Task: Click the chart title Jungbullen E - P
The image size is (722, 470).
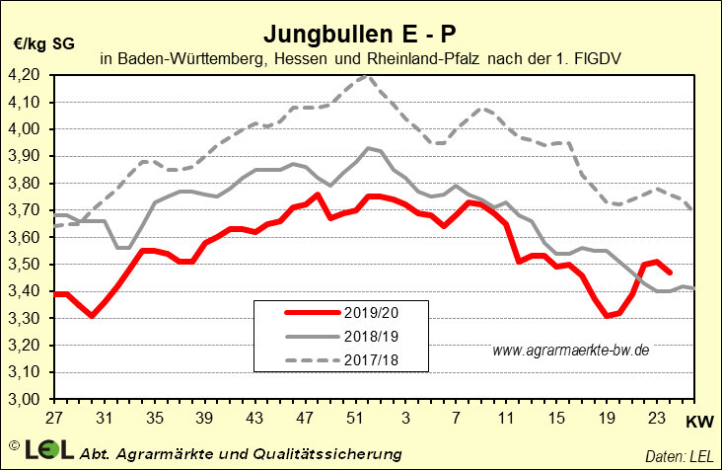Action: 359,34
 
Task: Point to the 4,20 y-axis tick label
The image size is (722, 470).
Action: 26,75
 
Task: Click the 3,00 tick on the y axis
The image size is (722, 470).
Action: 26,401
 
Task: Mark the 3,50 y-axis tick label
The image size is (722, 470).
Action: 26,266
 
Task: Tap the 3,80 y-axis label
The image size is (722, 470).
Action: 26,184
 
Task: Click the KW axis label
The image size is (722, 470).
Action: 696,422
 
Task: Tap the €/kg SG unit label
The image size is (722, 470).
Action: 44,42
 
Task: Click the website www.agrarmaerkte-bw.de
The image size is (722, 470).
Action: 569,351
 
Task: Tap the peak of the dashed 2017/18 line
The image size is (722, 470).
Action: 366,75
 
